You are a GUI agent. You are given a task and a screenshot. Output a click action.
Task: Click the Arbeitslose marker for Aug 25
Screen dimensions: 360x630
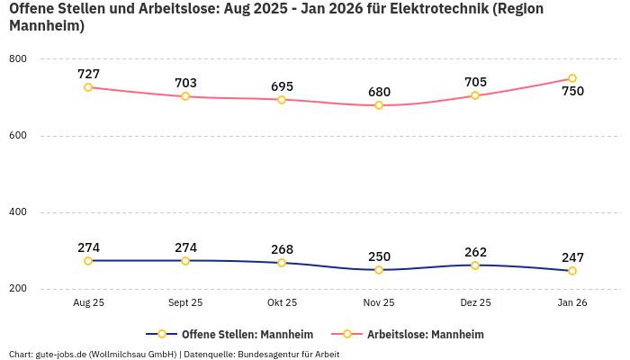point(88,87)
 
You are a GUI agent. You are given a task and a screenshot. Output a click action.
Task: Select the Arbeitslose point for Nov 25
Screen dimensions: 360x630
point(379,105)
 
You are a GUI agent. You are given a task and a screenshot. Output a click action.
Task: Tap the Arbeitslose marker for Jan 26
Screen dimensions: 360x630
point(572,78)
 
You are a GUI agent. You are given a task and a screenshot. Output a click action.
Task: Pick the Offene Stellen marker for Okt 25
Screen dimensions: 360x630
point(282,263)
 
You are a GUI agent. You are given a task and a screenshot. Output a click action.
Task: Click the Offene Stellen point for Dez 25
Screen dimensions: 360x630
point(475,265)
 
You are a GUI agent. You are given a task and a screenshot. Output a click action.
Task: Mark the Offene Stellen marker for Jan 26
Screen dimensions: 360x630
point(572,271)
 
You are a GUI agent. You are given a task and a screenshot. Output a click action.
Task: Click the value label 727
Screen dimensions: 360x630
point(88,74)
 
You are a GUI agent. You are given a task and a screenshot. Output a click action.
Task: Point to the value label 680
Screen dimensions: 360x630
point(379,92)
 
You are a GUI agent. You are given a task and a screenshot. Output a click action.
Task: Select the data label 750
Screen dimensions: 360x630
point(572,91)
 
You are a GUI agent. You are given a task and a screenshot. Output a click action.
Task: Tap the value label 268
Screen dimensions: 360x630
point(282,249)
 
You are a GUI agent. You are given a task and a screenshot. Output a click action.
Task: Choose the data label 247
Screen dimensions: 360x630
point(572,257)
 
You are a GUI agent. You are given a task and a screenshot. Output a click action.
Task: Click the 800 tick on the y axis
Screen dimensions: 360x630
point(18,59)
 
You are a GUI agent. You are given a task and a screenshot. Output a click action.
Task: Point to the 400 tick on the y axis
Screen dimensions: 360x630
point(18,212)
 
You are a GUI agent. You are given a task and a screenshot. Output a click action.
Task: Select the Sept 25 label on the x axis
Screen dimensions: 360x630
point(185,303)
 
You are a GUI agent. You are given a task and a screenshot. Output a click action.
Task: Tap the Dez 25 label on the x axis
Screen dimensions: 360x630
point(475,303)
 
